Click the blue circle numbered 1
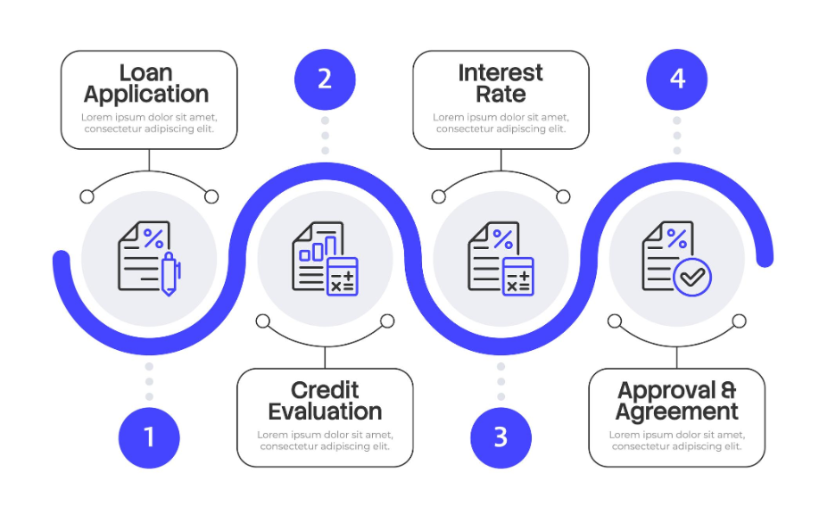[x=149, y=437]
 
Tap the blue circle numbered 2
[x=325, y=79]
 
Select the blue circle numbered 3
[x=500, y=437]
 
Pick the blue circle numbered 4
[x=677, y=79]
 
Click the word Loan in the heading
[x=145, y=73]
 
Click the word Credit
[x=325, y=390]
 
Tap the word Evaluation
[x=325, y=412]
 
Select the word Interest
[x=500, y=73]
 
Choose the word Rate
[x=500, y=95]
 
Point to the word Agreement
[x=677, y=412]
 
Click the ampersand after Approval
[x=728, y=390]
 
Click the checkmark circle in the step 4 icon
[x=692, y=277]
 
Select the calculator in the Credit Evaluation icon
[x=342, y=277]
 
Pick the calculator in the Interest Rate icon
[x=518, y=277]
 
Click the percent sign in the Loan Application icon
[x=153, y=238]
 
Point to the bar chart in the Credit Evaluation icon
[x=318, y=248]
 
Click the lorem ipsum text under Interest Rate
[x=500, y=123]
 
